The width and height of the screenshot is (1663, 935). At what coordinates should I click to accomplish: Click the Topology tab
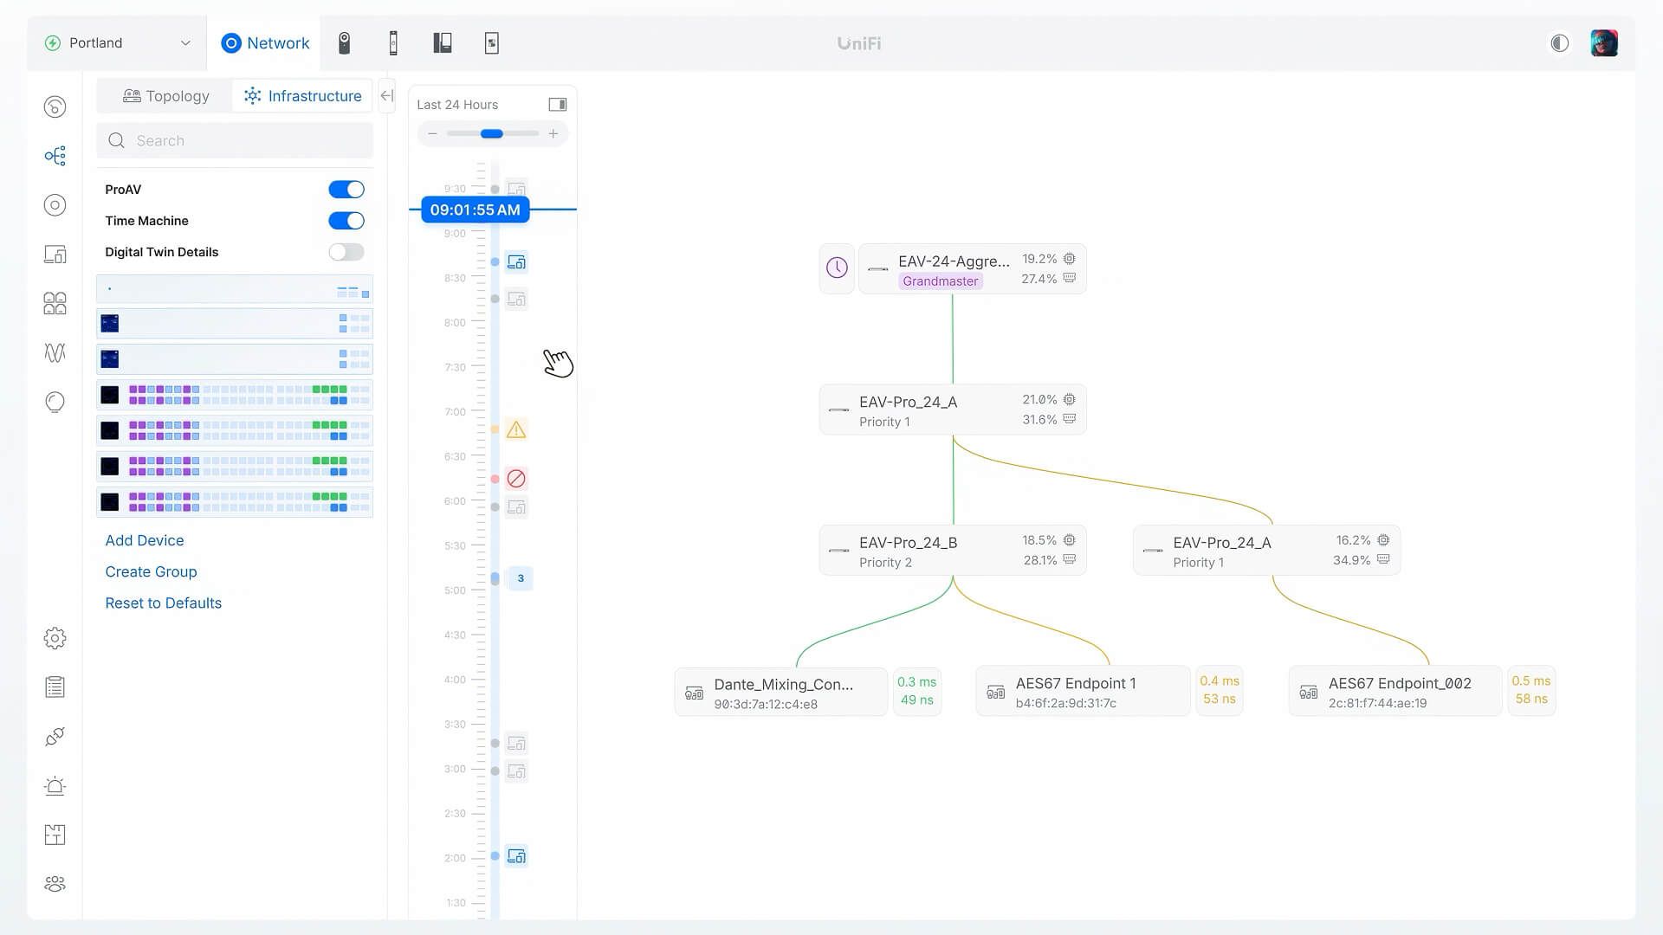pyautogui.click(x=166, y=96)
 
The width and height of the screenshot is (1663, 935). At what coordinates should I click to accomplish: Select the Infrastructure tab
pyautogui.click(x=302, y=96)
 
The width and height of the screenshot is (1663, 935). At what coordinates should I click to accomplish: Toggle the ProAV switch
pyautogui.click(x=346, y=190)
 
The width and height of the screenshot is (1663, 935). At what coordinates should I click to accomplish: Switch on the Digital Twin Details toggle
pyautogui.click(x=346, y=252)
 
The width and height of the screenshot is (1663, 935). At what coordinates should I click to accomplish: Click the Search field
pyautogui.click(x=235, y=141)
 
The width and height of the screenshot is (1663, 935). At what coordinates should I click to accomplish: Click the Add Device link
pyautogui.click(x=145, y=540)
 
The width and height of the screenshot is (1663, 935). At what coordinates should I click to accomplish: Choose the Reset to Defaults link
pyautogui.click(x=163, y=603)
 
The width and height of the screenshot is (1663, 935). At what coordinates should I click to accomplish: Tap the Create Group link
pyautogui.click(x=151, y=571)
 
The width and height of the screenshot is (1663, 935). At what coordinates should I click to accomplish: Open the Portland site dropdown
pyautogui.click(x=118, y=43)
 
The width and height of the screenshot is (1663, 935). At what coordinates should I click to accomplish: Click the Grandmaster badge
pyautogui.click(x=940, y=281)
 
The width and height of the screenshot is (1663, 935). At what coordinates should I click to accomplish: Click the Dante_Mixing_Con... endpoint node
pyautogui.click(x=781, y=692)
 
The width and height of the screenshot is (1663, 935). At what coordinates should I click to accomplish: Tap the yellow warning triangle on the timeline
pyautogui.click(x=516, y=429)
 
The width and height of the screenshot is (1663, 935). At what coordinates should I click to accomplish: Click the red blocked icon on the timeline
pyautogui.click(x=516, y=479)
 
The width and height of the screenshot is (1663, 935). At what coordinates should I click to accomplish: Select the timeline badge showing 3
pyautogui.click(x=521, y=578)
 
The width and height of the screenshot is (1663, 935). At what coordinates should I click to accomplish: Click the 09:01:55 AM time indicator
pyautogui.click(x=475, y=210)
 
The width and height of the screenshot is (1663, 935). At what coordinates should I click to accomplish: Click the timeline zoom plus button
pyautogui.click(x=553, y=134)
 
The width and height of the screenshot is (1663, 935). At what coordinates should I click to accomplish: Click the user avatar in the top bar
pyautogui.click(x=1603, y=43)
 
